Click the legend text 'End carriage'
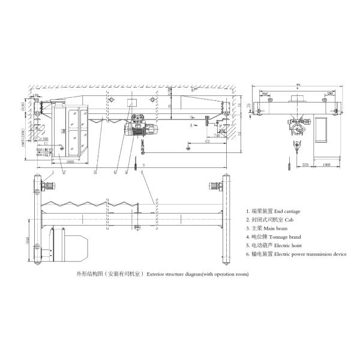(287, 211)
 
